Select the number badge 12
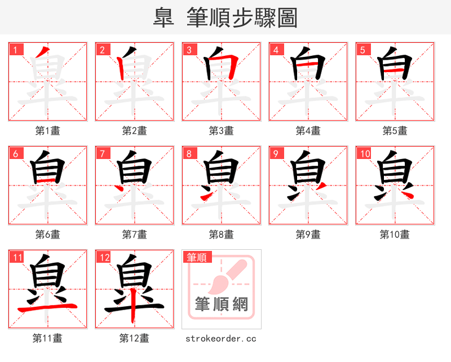coord(104,258)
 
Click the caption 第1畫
coord(48,131)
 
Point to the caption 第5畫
coord(395,131)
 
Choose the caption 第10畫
coord(395,235)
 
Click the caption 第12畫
coord(134,338)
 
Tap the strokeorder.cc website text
coord(221,338)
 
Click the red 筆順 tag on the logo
coord(197,258)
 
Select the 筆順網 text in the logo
coord(221,304)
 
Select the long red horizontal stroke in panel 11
coord(48,307)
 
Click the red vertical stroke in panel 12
coord(133,310)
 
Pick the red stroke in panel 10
coord(407,192)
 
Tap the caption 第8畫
coord(221,235)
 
